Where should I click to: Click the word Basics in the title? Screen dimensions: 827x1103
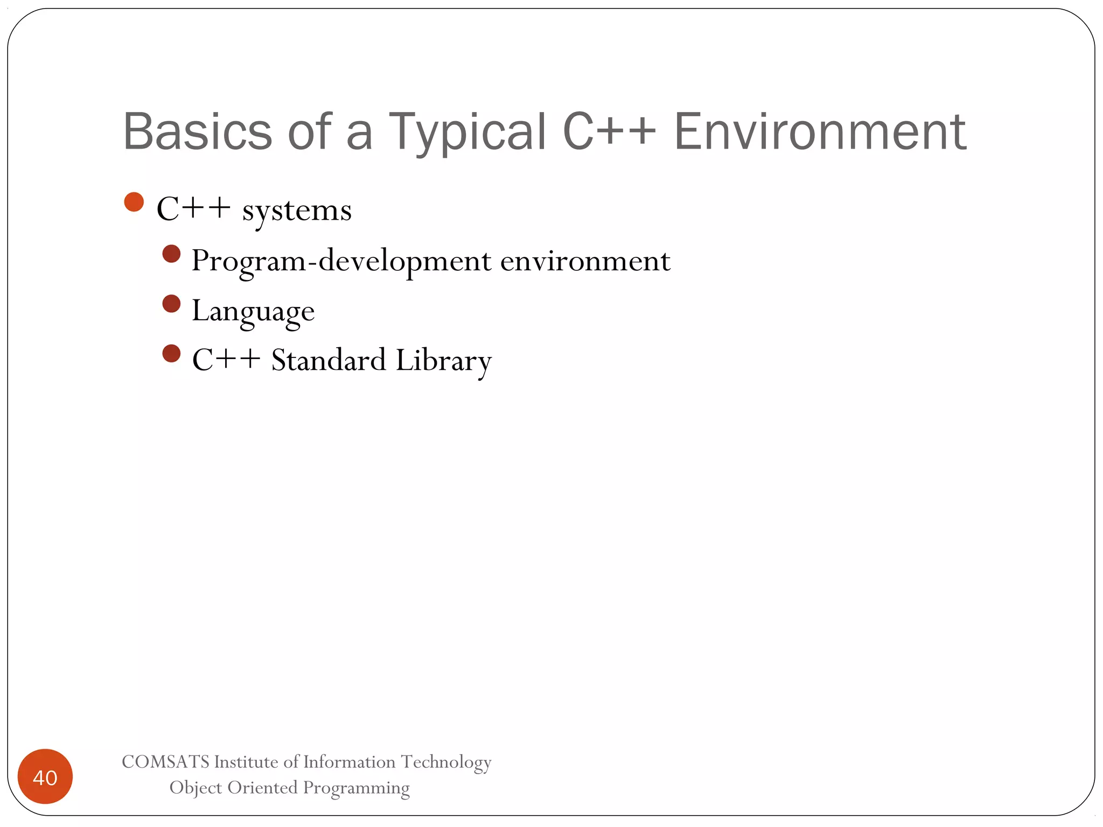pyautogui.click(x=198, y=131)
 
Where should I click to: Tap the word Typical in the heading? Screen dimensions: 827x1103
pyautogui.click(x=467, y=132)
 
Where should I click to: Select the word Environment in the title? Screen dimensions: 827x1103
pyautogui.click(x=820, y=131)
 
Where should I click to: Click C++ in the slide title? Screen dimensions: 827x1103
pyautogui.click(x=609, y=131)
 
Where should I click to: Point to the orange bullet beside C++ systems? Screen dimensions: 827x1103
pyautogui.click(x=134, y=202)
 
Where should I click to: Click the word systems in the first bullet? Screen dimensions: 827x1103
pyautogui.click(x=297, y=211)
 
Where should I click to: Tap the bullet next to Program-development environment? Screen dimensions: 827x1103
pyautogui.click(x=171, y=254)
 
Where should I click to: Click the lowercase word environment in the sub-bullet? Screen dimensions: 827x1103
pyautogui.click(x=585, y=261)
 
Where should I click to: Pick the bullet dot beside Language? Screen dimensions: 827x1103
pyautogui.click(x=171, y=304)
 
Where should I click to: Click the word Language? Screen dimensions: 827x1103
pyautogui.click(x=253, y=312)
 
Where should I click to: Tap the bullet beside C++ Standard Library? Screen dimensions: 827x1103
pyautogui.click(x=171, y=354)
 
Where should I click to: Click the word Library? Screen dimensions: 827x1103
pyautogui.click(x=443, y=361)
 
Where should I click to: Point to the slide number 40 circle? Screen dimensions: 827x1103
pyautogui.click(x=45, y=776)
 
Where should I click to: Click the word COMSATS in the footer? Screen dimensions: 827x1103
pyautogui.click(x=165, y=762)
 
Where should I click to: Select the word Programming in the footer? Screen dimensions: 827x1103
pyautogui.click(x=356, y=788)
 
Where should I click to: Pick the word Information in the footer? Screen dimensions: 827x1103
pyautogui.click(x=349, y=762)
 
